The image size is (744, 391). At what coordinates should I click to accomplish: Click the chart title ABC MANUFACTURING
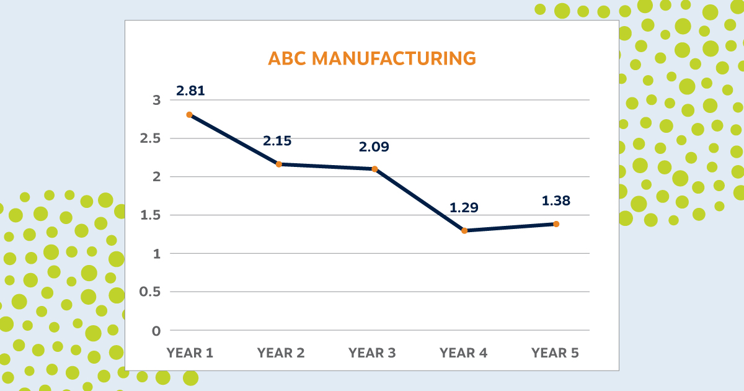click(371, 58)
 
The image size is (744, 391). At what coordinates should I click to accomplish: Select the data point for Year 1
click(189, 115)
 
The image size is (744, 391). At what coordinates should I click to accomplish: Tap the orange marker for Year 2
click(279, 164)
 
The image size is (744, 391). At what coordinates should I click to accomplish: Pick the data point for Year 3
click(374, 169)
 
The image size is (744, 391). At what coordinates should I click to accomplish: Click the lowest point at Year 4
click(464, 231)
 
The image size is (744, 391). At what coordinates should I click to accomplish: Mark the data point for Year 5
click(556, 224)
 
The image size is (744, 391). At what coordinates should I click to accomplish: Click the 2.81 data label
click(190, 91)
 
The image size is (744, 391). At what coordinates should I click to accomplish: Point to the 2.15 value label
click(277, 141)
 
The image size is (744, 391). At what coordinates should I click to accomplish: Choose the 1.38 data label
click(556, 201)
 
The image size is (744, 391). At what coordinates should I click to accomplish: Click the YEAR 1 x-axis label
click(190, 353)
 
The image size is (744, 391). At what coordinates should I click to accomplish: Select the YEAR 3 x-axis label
click(372, 353)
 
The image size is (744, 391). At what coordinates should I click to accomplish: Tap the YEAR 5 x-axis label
click(555, 353)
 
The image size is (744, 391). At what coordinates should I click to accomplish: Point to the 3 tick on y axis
click(156, 100)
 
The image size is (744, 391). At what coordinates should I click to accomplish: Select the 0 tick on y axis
click(156, 331)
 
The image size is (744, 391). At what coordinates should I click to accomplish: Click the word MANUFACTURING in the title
click(394, 58)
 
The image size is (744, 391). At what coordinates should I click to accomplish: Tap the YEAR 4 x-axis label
click(463, 353)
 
